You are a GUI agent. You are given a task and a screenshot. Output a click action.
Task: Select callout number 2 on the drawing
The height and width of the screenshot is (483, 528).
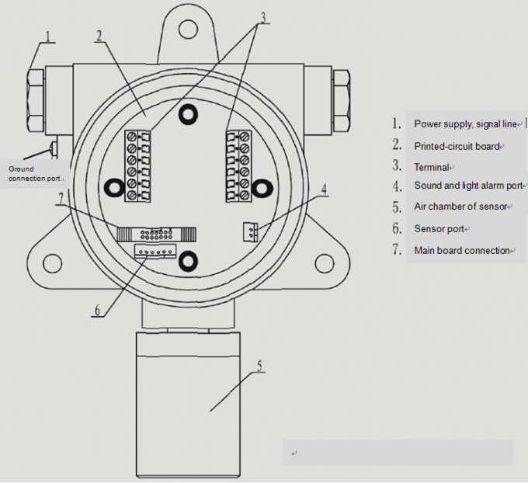(99, 35)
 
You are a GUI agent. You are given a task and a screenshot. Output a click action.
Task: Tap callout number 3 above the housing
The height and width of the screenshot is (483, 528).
(265, 17)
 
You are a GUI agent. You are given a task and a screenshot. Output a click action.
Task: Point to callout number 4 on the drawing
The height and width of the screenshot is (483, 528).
(324, 189)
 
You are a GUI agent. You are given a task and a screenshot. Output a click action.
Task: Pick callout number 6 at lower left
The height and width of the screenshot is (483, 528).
(97, 309)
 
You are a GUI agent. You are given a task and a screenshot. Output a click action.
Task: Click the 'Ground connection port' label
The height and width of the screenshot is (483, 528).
(33, 173)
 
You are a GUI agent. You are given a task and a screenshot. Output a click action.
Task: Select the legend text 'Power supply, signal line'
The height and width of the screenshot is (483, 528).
(464, 124)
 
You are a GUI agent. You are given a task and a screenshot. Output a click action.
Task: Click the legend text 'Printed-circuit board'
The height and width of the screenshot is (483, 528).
(457, 146)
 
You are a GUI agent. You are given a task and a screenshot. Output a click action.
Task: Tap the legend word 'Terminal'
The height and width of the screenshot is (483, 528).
(432, 167)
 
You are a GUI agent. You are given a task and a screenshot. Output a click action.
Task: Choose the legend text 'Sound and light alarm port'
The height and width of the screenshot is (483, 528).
(468, 186)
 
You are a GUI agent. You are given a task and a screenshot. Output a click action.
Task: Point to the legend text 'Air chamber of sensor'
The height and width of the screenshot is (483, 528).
(460, 207)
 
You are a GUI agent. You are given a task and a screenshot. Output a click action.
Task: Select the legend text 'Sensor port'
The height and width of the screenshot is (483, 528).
(439, 229)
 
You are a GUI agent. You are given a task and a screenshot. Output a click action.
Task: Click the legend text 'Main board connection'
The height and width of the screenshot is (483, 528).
(462, 250)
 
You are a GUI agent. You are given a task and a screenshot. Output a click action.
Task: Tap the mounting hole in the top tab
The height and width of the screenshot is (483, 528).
(187, 30)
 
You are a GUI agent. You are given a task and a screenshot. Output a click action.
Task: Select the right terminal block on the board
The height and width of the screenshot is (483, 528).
(239, 165)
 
